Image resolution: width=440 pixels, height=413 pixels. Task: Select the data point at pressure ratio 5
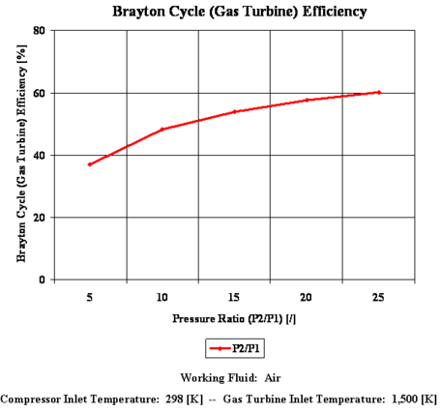coord(90,164)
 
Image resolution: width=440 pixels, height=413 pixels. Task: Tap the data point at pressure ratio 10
coord(162,129)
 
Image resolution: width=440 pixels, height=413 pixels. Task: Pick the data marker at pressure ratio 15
coord(235,111)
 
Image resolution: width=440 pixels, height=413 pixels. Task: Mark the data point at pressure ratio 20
coord(307,100)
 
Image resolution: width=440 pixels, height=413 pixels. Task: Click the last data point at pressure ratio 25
coord(379,92)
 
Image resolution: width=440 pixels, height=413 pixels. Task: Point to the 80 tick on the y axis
coord(40,31)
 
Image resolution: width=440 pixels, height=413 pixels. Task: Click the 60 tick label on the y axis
coord(40,93)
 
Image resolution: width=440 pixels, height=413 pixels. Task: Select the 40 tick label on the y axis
coord(40,155)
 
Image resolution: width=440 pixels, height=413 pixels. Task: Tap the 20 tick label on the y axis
coord(40,218)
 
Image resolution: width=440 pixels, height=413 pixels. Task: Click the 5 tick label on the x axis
coord(90,298)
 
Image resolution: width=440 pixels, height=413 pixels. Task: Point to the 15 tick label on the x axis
coord(235,298)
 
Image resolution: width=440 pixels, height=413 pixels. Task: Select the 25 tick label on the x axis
coord(379,298)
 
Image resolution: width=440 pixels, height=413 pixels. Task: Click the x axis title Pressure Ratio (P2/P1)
coord(235,317)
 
